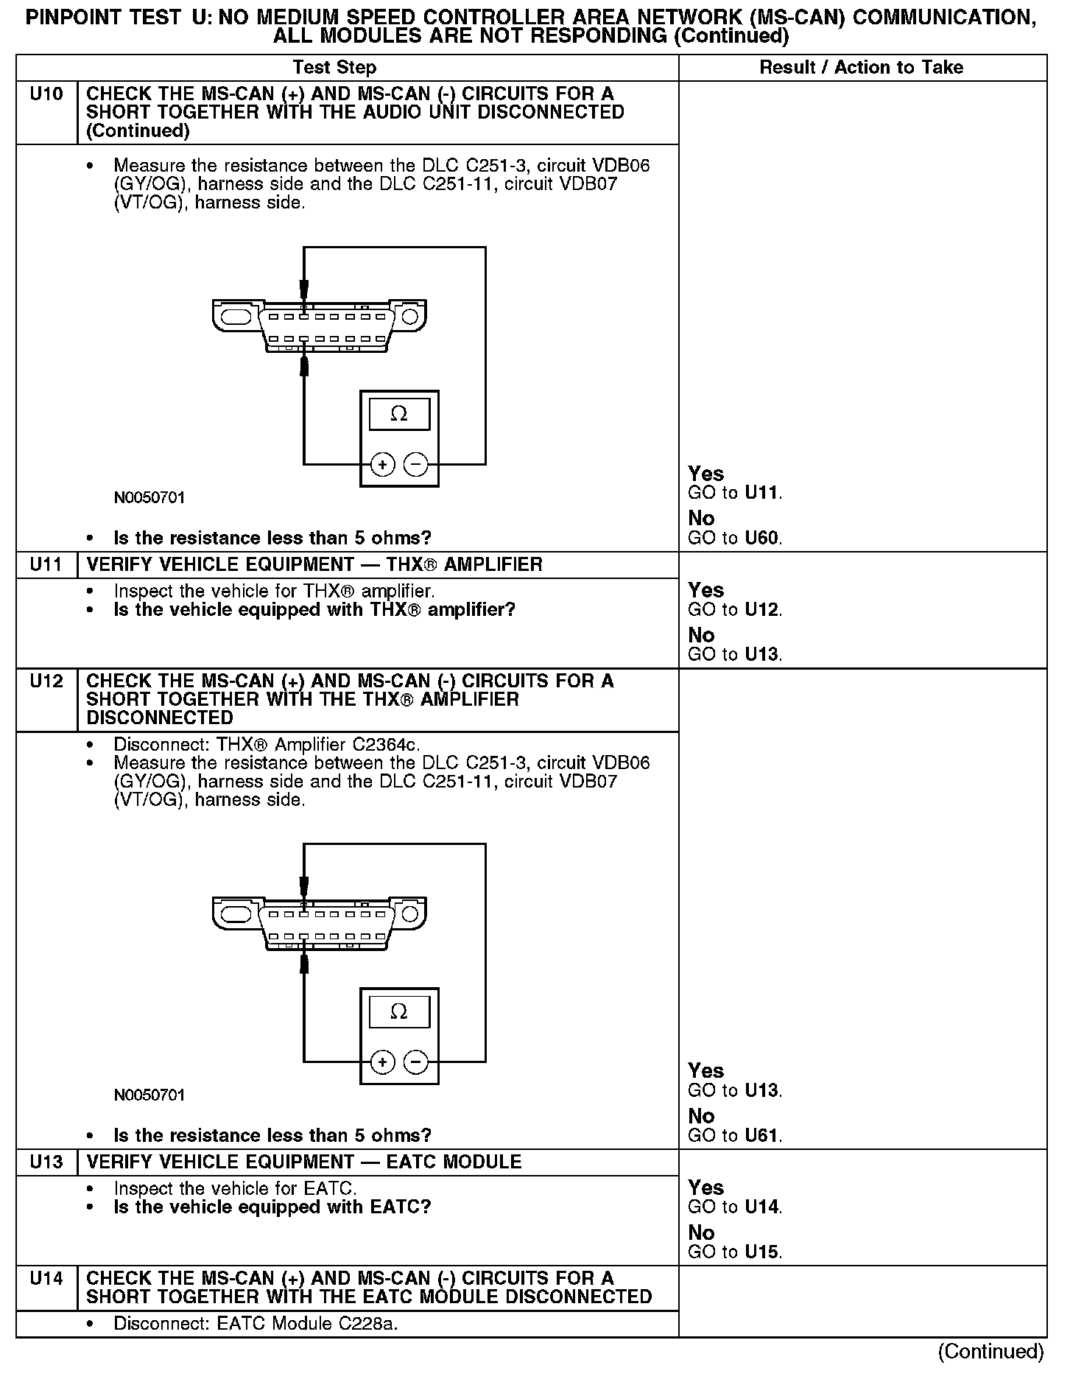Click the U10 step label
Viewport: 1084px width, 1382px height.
coord(46,94)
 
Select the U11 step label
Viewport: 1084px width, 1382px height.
coord(46,565)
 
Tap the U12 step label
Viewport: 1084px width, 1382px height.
coord(46,681)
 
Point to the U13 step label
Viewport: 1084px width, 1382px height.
coord(46,1162)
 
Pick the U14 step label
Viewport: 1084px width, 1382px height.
coord(46,1278)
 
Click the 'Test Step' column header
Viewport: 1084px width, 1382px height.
coord(334,68)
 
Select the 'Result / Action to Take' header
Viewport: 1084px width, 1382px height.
coord(861,68)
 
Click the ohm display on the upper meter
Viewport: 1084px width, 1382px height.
coord(399,414)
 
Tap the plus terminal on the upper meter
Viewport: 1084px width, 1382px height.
coord(382,465)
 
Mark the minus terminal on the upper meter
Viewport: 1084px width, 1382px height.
coord(416,465)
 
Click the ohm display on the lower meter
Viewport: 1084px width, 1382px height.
coord(399,1011)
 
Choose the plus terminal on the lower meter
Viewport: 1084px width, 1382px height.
coord(382,1062)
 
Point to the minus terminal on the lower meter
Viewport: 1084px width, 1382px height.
coord(416,1062)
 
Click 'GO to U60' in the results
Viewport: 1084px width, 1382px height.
coord(734,539)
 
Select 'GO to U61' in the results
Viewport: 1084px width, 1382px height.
coord(734,1135)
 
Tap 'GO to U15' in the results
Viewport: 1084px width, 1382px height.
coord(734,1252)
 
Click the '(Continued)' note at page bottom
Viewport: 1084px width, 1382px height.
coord(990,1351)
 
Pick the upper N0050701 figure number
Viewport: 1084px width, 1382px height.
coord(149,498)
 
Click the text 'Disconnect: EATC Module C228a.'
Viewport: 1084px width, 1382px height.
coord(256,1324)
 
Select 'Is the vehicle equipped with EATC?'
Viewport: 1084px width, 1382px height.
coord(272,1207)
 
